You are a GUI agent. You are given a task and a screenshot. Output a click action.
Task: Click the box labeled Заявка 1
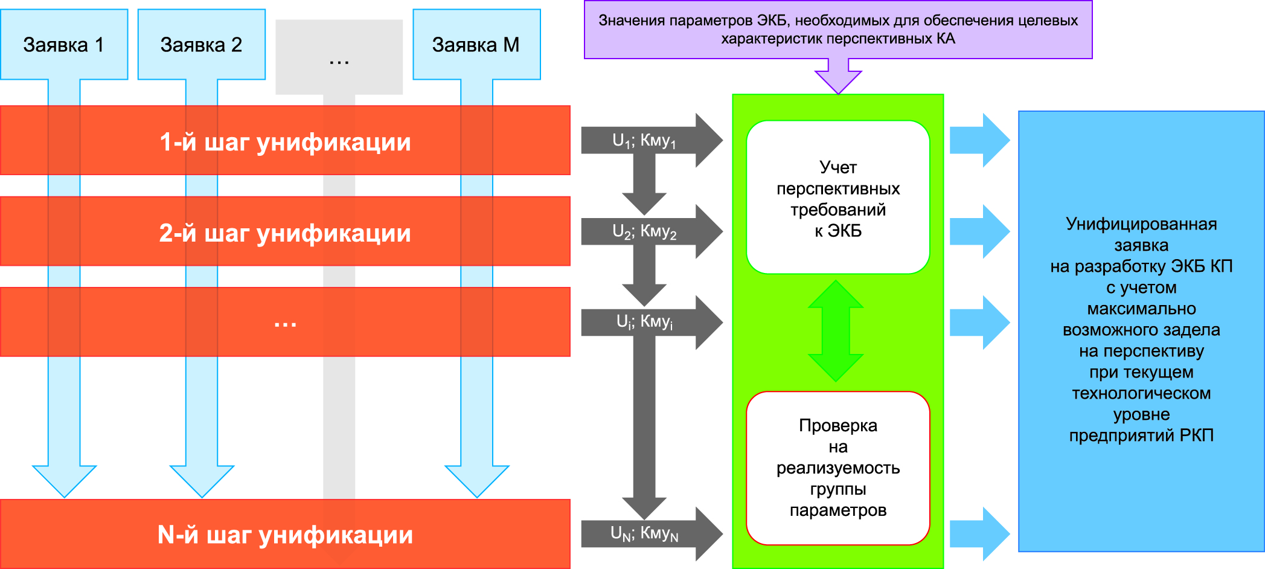pos(64,45)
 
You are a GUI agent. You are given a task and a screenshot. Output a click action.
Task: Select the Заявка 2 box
pos(201,45)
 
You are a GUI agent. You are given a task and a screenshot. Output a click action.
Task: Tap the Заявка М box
pos(476,45)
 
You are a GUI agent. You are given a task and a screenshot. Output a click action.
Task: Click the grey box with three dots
pos(339,57)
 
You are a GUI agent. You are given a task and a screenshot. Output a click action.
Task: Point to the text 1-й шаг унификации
pos(285,142)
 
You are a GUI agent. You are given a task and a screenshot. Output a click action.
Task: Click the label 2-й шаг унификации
pos(285,233)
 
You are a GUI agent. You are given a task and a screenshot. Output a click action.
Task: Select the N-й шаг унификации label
pos(285,535)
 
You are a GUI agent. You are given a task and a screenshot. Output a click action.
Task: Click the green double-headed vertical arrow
pos(836,331)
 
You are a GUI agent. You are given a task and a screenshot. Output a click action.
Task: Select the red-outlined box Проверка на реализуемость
pos(838,468)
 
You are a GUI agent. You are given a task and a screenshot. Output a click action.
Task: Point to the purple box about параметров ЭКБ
pos(838,30)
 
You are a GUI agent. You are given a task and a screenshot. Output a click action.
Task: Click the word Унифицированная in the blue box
pos(1141,224)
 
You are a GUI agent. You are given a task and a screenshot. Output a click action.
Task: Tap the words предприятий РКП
pos(1141,436)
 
